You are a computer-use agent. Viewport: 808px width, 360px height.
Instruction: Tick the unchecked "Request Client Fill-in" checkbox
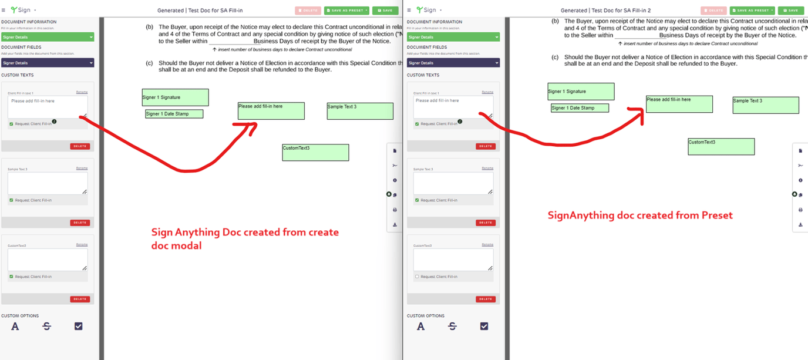417,277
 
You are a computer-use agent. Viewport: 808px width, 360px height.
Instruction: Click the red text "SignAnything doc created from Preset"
640,215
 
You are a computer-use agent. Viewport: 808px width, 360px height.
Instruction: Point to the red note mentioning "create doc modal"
245,238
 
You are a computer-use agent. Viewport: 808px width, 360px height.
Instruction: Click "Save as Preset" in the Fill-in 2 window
752,10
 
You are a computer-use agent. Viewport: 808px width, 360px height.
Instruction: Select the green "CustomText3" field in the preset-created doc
721,146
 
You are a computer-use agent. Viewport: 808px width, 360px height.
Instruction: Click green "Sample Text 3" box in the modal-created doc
360,111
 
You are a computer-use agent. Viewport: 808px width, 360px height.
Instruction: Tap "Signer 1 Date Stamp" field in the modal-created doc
174,114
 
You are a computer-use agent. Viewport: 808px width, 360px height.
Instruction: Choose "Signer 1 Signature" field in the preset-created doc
581,92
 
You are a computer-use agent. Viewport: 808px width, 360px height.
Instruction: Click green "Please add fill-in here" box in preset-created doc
679,104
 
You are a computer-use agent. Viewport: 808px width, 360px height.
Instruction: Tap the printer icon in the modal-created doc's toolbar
395,210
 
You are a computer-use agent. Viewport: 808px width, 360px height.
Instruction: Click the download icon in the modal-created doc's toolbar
395,224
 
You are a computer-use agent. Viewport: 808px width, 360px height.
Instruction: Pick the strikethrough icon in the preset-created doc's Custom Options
452,326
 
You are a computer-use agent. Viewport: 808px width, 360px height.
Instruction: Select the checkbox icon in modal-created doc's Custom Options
78,326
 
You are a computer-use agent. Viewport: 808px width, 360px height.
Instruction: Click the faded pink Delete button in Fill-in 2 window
713,10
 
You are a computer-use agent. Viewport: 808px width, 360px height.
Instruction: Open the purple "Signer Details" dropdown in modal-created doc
48,63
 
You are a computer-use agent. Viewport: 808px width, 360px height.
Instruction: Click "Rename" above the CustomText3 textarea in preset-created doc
487,244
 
